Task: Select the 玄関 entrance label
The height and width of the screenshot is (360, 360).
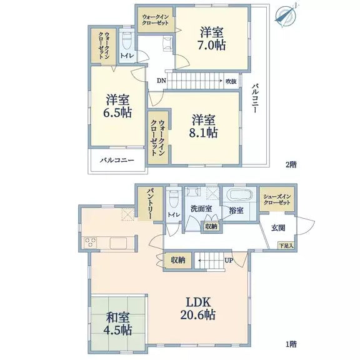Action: click(278, 227)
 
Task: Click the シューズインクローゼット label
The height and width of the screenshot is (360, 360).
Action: click(276, 199)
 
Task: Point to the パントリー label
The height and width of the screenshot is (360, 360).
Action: click(151, 202)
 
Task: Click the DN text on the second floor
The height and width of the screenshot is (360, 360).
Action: click(161, 81)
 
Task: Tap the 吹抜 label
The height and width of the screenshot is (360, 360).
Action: click(231, 81)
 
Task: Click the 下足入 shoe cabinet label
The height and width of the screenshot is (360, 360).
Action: click(285, 245)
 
